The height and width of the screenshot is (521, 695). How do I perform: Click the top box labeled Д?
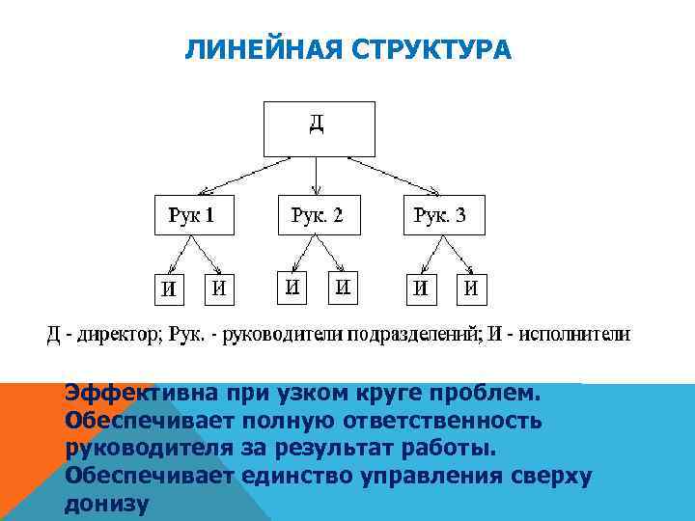(x=318, y=127)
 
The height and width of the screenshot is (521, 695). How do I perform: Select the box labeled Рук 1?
(x=194, y=215)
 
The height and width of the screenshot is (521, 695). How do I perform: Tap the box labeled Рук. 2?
(x=318, y=215)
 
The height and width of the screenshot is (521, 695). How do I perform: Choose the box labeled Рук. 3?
(x=443, y=215)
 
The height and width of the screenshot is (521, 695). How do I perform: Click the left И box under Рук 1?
(x=169, y=288)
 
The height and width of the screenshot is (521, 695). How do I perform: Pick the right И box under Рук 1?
(x=219, y=288)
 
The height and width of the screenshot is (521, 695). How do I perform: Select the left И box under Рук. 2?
(x=292, y=287)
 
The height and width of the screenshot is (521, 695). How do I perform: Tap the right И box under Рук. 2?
(x=344, y=287)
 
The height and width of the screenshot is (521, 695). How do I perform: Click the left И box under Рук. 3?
(x=421, y=288)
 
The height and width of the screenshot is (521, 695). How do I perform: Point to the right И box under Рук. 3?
(x=471, y=288)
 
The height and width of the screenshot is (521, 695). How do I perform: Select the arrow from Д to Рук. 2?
(x=318, y=177)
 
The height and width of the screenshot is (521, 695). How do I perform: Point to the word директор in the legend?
(x=111, y=336)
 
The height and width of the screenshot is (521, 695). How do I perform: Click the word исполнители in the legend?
(x=575, y=336)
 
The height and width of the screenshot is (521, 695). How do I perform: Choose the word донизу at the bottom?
(x=106, y=504)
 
